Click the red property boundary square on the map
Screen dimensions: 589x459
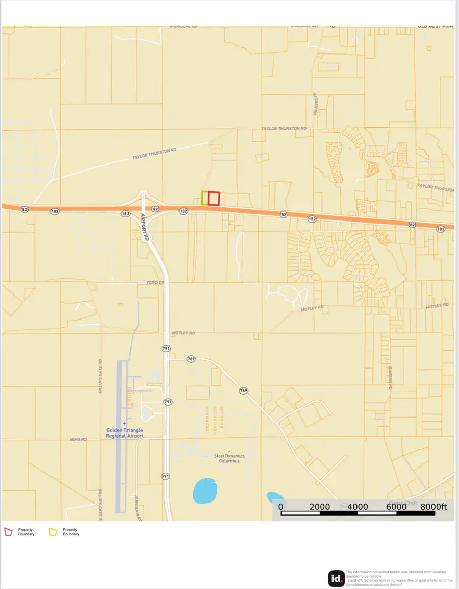pyautogui.click(x=214, y=198)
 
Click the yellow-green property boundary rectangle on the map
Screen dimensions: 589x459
pyautogui.click(x=204, y=198)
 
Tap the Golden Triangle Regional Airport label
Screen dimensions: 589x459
pyautogui.click(x=124, y=433)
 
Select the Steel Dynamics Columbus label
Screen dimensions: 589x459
pyautogui.click(x=229, y=458)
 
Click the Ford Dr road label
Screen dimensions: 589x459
pyautogui.click(x=155, y=282)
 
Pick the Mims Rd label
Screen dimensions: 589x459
pyautogui.click(x=79, y=439)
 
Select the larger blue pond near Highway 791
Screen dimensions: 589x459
pyautogui.click(x=205, y=491)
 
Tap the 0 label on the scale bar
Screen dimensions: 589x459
pyautogui.click(x=280, y=506)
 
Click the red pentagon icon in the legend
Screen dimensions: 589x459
pyautogui.click(x=8, y=532)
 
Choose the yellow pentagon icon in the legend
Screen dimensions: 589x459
pyautogui.click(x=53, y=532)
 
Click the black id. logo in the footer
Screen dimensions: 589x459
pyautogui.click(x=336, y=578)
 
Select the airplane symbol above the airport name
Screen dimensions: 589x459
pyautogui.click(x=124, y=423)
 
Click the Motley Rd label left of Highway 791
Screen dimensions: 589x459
pyautogui.click(x=184, y=333)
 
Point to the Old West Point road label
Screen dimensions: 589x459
pyautogui.click(x=436, y=26)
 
